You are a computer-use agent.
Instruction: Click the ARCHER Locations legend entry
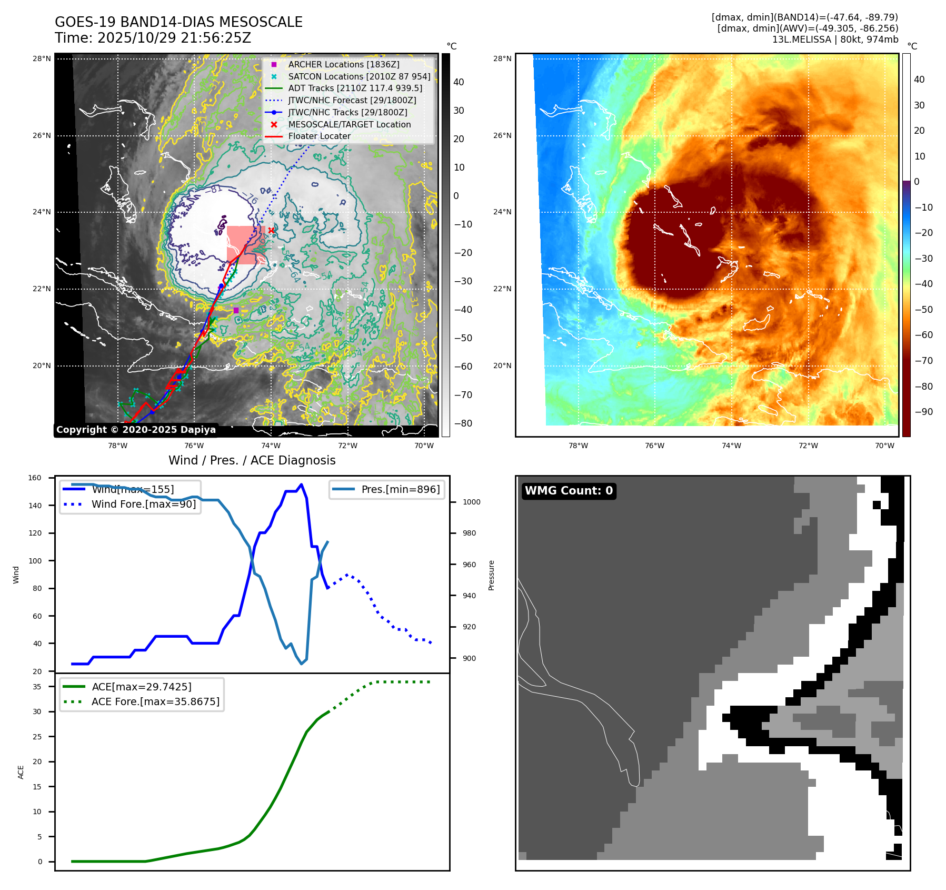pyautogui.click(x=343, y=64)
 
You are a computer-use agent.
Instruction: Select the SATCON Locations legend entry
pyautogui.click(x=359, y=76)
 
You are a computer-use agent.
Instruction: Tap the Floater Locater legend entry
pyautogui.click(x=319, y=136)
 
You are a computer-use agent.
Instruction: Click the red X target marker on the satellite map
pyautogui.click(x=271, y=230)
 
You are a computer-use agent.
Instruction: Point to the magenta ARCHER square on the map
pyautogui.click(x=236, y=310)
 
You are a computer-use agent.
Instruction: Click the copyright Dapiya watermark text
pyautogui.click(x=136, y=430)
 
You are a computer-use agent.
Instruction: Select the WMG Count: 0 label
pyautogui.click(x=569, y=491)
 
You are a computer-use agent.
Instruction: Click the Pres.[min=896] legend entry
pyautogui.click(x=400, y=489)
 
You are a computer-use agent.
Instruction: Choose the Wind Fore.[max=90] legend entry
pyautogui.click(x=143, y=504)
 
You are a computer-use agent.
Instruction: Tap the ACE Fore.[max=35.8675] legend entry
pyautogui.click(x=155, y=701)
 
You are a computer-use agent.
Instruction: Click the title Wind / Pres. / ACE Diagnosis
pyautogui.click(x=252, y=460)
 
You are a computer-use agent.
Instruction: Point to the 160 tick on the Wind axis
pyautogui.click(x=35, y=478)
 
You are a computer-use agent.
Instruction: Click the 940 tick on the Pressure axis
pyautogui.click(x=469, y=596)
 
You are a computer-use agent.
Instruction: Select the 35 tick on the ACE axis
pyautogui.click(x=37, y=687)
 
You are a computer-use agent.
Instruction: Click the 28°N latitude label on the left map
pyautogui.click(x=42, y=58)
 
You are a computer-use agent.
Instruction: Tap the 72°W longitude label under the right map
pyautogui.click(x=808, y=446)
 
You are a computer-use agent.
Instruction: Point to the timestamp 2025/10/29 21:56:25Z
pyautogui.click(x=174, y=38)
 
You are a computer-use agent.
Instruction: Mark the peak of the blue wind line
pyautogui.click(x=301, y=484)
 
